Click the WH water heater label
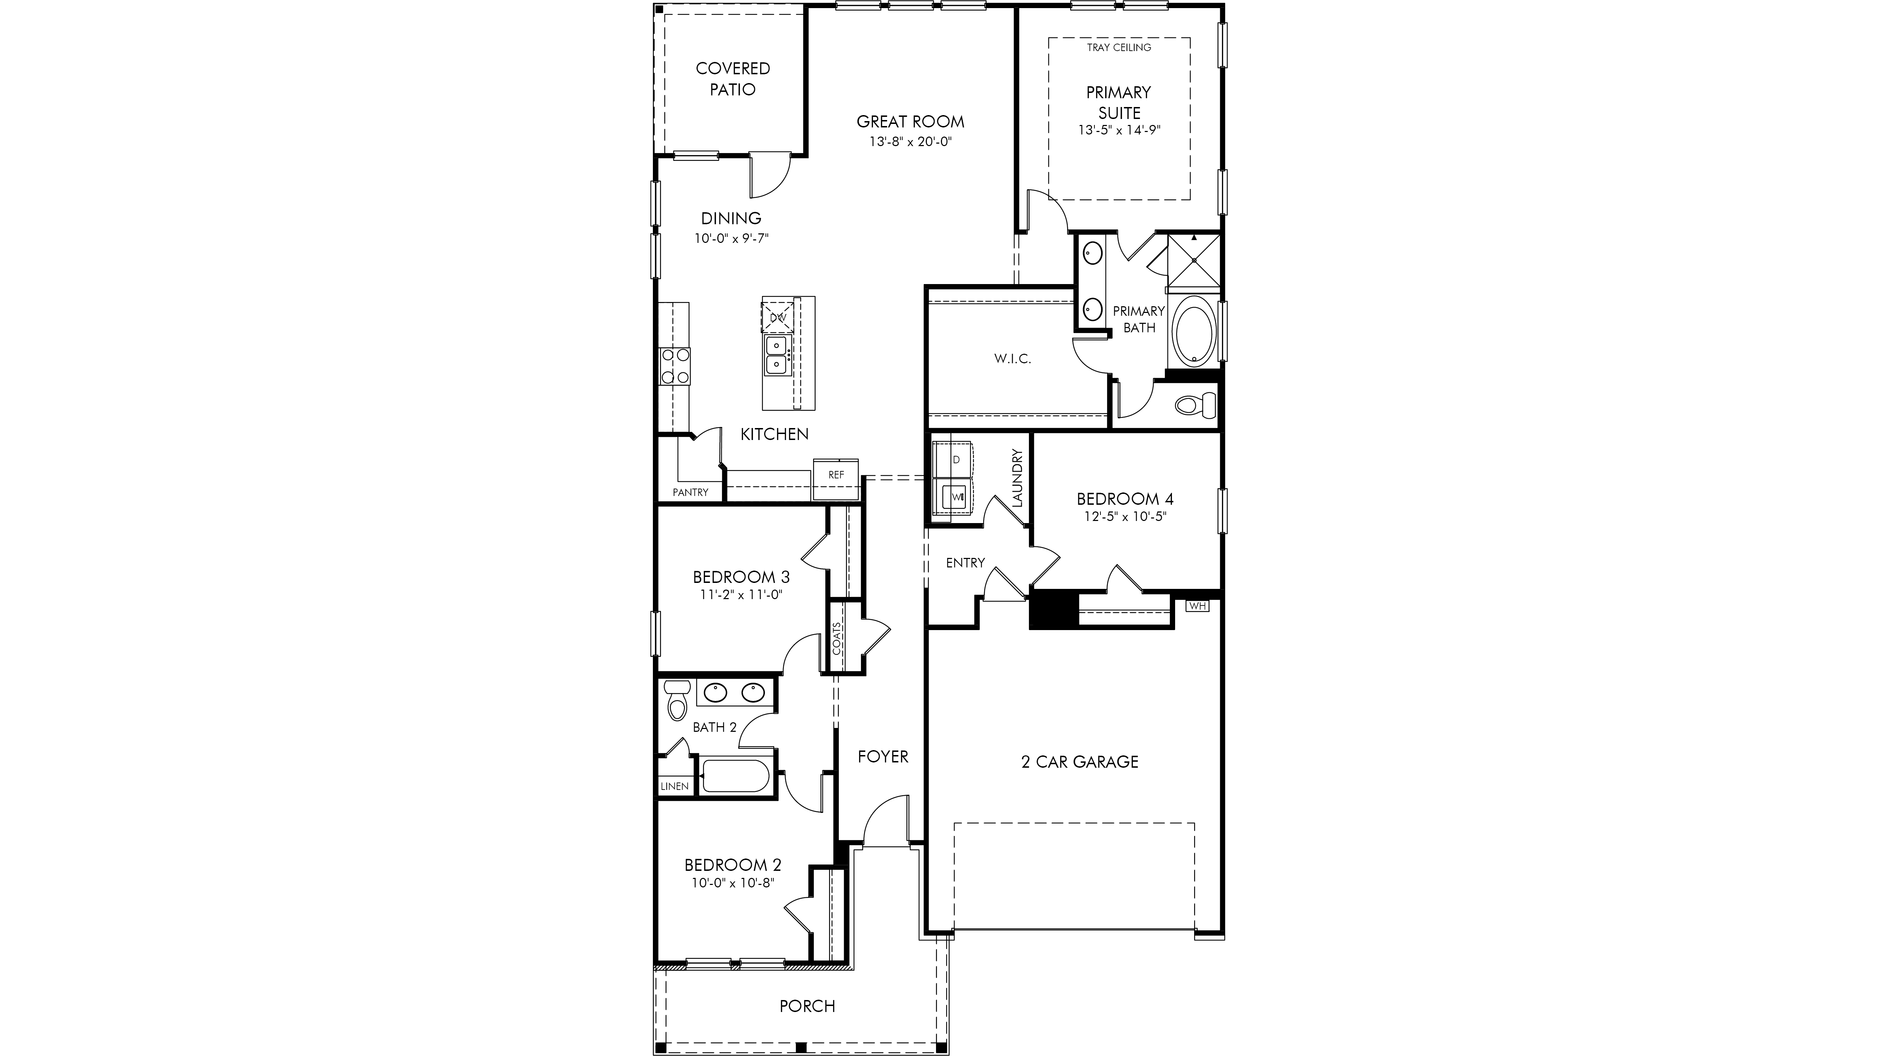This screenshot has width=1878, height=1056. coord(1197,605)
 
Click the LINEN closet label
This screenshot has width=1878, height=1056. coord(674,786)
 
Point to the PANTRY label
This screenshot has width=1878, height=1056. coord(691,492)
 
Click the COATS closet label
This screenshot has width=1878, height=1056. coord(837,639)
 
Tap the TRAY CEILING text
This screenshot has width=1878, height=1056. coord(1119,48)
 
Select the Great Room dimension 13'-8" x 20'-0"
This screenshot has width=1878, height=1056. coord(911,142)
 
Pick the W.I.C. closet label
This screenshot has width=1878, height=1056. coord(1013,359)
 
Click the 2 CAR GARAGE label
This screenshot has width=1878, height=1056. coord(1080,762)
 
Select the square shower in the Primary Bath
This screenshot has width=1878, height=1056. coord(1194,260)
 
